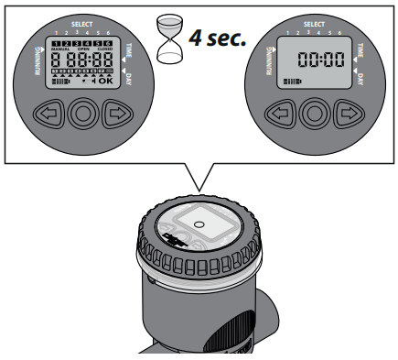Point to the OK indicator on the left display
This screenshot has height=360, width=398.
105,80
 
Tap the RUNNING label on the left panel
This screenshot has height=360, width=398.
27,65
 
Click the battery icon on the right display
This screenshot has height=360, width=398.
292,82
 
